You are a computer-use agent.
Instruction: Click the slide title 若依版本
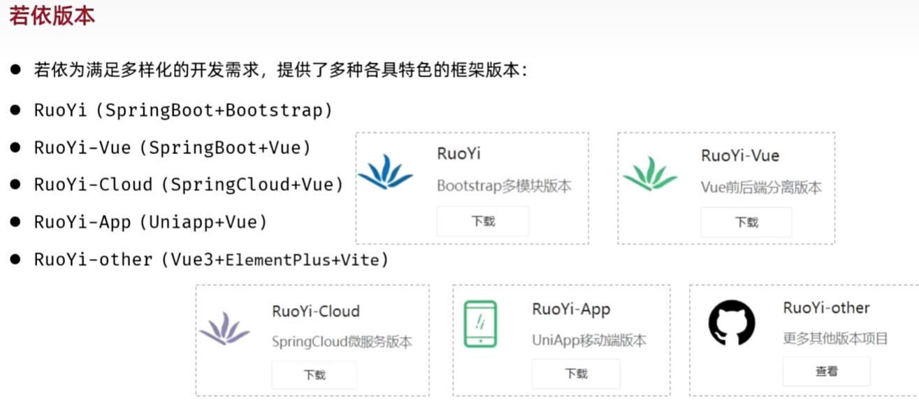click(x=52, y=15)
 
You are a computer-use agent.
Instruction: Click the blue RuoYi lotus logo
click(x=385, y=172)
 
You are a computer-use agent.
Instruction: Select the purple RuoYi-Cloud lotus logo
click(x=224, y=328)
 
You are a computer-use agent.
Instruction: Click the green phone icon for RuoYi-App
click(x=481, y=324)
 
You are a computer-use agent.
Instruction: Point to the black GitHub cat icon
click(x=732, y=323)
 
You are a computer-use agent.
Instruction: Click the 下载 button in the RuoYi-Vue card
click(x=746, y=223)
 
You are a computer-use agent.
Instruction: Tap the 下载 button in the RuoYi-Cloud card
click(x=314, y=374)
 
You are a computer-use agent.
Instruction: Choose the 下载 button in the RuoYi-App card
click(x=576, y=374)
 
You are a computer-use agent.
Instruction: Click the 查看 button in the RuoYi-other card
click(x=826, y=372)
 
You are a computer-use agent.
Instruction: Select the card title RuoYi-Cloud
click(x=316, y=311)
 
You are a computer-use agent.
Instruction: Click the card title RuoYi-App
click(x=571, y=309)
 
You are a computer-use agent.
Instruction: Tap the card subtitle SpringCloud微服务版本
click(x=342, y=342)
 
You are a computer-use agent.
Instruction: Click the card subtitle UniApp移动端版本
click(x=589, y=341)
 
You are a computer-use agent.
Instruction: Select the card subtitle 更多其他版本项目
click(x=835, y=339)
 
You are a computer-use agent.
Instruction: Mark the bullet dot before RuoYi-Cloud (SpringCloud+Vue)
click(x=15, y=184)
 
